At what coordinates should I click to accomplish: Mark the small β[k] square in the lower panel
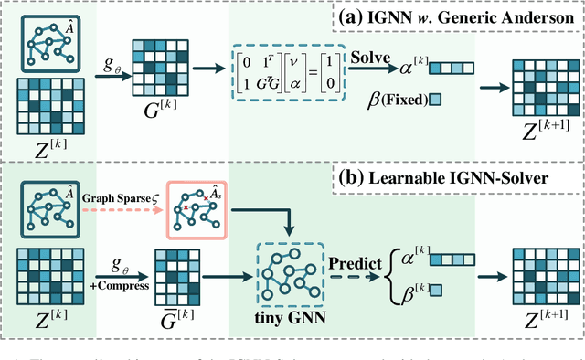click(435, 291)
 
